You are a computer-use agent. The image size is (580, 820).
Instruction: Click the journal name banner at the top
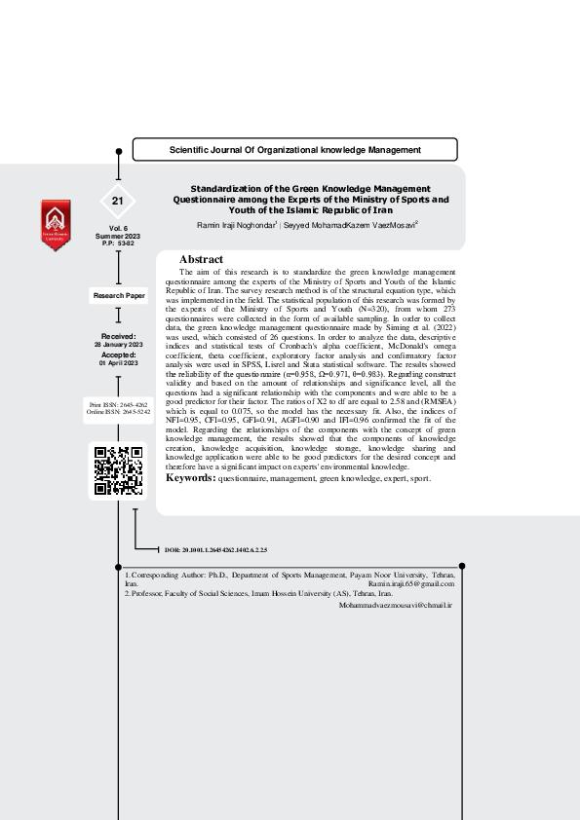(x=294, y=150)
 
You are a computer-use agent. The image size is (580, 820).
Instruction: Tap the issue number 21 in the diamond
(x=118, y=201)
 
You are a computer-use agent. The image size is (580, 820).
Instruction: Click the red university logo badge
(x=56, y=225)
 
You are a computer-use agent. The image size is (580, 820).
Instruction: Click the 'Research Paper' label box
(x=118, y=294)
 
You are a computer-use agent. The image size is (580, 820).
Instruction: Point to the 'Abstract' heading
(x=202, y=259)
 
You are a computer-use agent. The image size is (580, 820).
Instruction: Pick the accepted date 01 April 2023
(x=118, y=363)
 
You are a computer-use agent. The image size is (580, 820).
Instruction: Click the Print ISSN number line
(x=118, y=403)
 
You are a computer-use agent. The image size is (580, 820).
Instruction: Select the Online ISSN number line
(x=118, y=412)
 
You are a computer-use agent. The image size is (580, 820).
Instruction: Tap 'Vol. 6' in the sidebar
(x=118, y=228)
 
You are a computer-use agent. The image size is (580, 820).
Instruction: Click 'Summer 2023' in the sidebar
(x=118, y=236)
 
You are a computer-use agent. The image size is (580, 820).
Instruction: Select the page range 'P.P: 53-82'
(x=118, y=243)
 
